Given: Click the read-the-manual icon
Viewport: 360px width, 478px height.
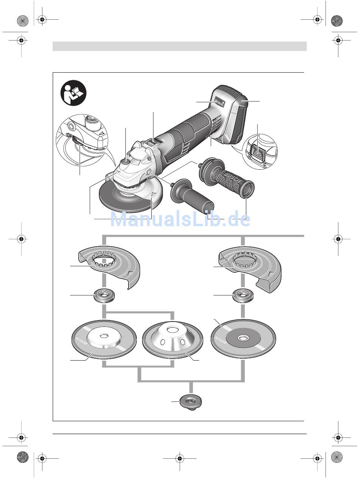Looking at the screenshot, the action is coord(74,95).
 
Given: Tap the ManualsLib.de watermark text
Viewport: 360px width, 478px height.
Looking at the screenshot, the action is coord(180,219).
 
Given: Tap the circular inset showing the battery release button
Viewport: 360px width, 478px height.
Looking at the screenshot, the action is coord(259,151).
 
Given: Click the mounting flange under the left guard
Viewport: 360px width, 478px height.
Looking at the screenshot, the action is coord(104,295).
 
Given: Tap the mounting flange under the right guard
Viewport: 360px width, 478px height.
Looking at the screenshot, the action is coord(243,295).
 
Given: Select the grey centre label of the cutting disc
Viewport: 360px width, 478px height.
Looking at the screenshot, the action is coord(243,338).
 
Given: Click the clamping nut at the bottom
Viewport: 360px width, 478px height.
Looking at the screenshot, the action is coord(191,401).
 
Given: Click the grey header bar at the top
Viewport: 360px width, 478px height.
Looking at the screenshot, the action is coord(179,46).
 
